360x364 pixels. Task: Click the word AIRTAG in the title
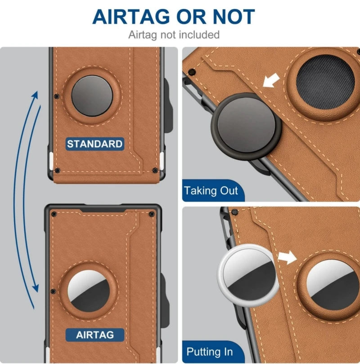131,17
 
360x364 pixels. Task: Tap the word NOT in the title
234,17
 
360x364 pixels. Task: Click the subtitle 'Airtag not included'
174,35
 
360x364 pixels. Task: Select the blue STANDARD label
94,144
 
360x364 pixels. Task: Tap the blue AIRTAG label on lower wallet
95,335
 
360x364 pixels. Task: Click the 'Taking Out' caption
211,191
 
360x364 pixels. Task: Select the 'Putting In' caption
210,352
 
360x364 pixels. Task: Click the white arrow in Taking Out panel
271,80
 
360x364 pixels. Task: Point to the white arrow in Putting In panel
288,257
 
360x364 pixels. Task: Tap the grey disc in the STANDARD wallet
92,96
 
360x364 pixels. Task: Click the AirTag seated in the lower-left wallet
89,291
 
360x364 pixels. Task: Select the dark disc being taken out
246,127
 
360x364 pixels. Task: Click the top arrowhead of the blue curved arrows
35,96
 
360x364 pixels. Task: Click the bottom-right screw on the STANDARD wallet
155,171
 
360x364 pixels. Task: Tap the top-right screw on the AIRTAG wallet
152,214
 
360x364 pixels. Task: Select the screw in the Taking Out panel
191,72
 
